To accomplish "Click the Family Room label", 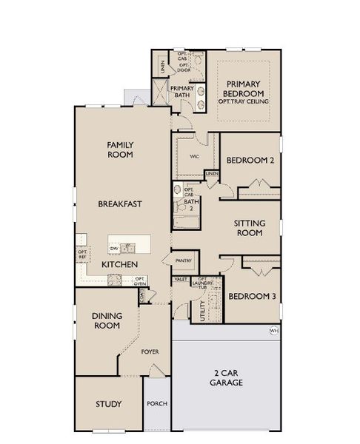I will [x=120, y=149].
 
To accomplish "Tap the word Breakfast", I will [x=120, y=203].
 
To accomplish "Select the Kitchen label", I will [x=118, y=263].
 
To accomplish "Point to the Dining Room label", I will [x=107, y=320].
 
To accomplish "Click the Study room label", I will [x=108, y=404].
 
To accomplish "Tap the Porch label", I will [x=157, y=404].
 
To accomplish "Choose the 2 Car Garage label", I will [x=227, y=377].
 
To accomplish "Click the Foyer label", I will [x=150, y=351].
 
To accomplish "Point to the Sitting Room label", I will [x=248, y=227].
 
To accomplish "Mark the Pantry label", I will [x=183, y=260].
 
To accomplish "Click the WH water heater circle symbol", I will [x=273, y=330].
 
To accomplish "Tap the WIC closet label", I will [x=195, y=157].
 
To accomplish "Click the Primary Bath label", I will [x=182, y=92].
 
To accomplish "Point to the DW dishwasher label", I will [x=115, y=248].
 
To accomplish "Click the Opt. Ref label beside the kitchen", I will [x=82, y=254].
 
